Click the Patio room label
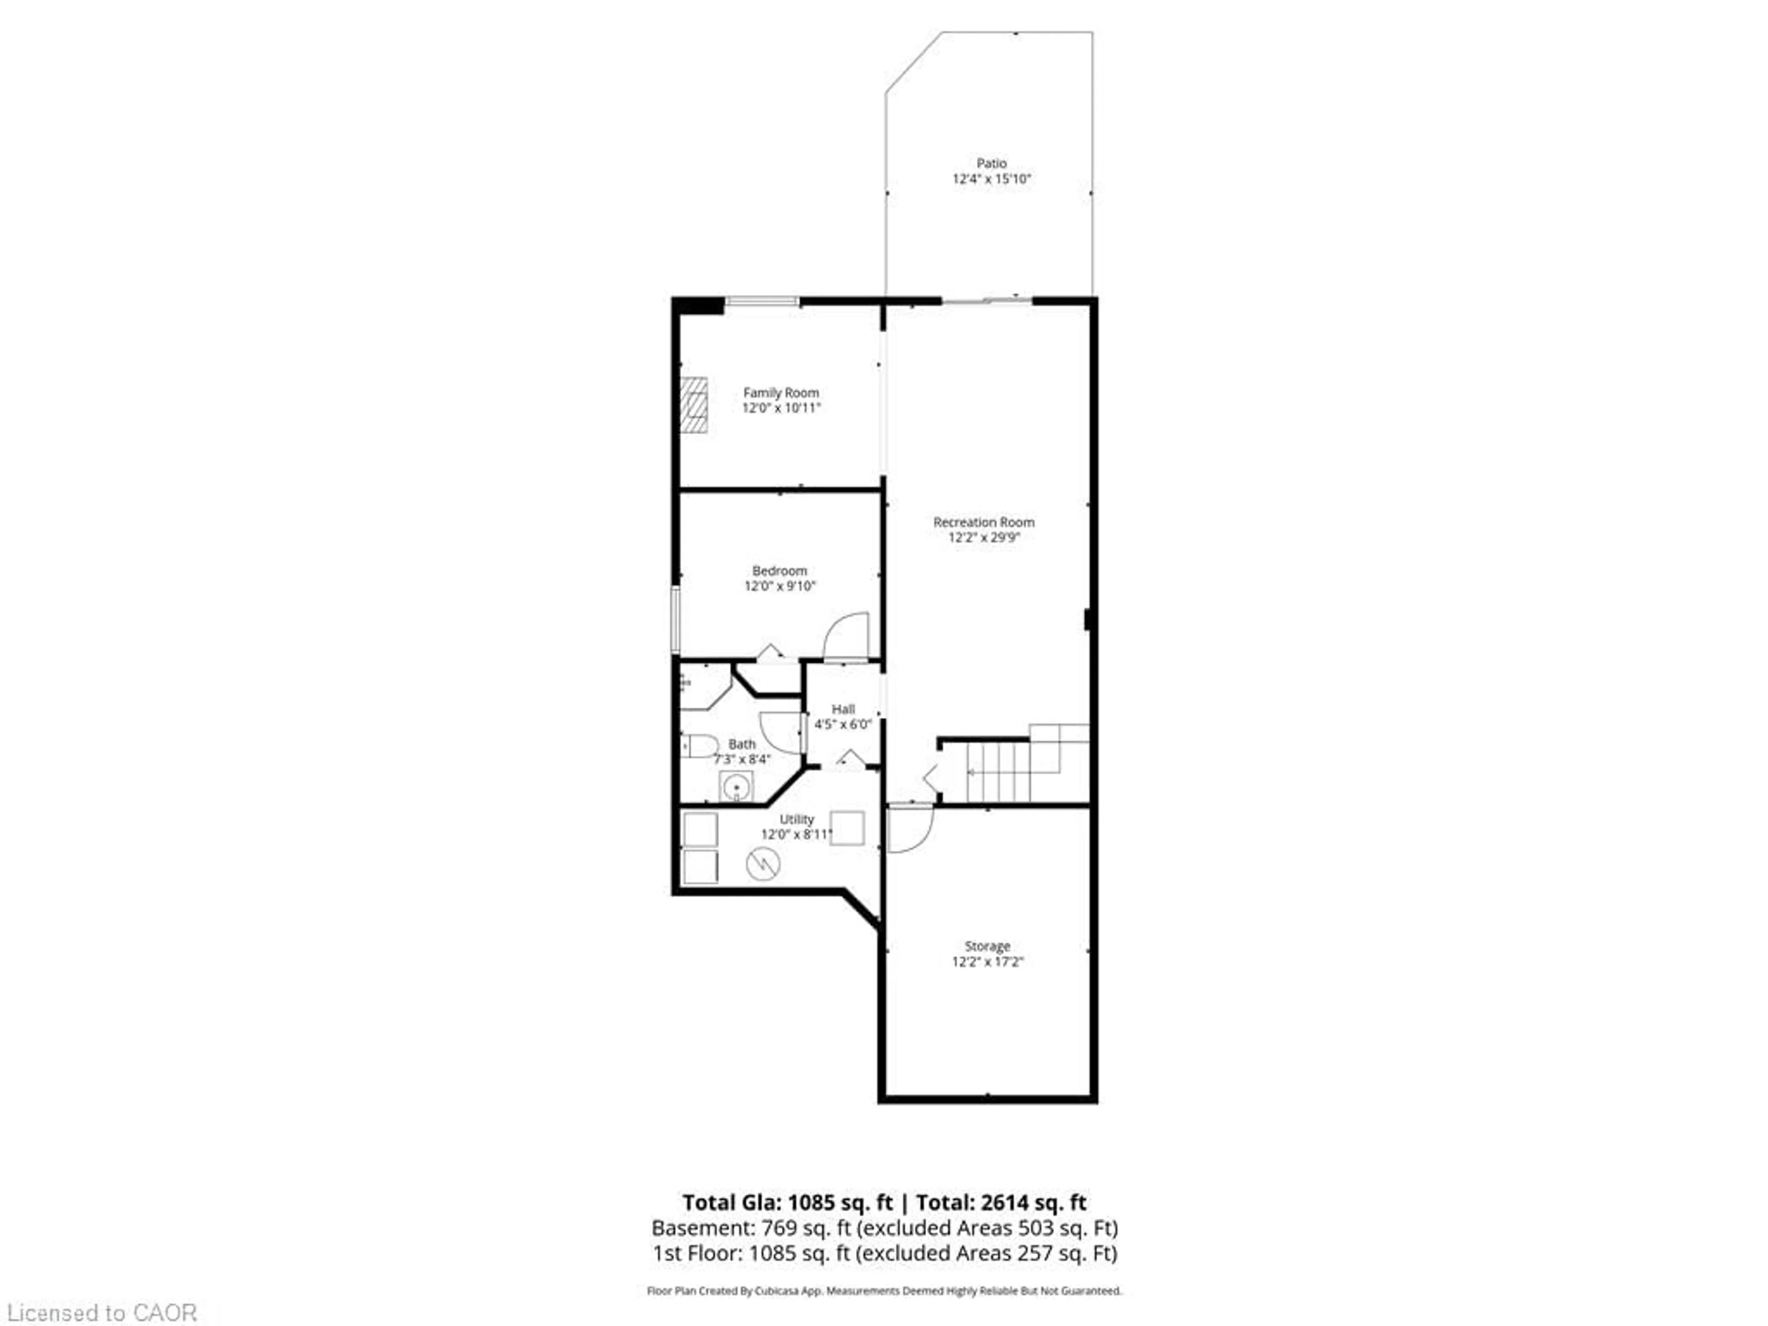click(991, 163)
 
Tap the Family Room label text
click(781, 392)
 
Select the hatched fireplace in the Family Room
click(694, 404)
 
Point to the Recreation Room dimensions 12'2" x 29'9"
click(984, 537)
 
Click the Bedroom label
click(779, 570)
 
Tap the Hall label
click(843, 709)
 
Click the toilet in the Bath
click(700, 746)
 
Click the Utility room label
click(797, 819)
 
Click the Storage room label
click(987, 946)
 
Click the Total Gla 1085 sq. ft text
click(787, 1202)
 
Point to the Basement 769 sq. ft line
click(884, 1227)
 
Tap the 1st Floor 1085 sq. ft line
click(884, 1252)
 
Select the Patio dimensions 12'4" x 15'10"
click(991, 179)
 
